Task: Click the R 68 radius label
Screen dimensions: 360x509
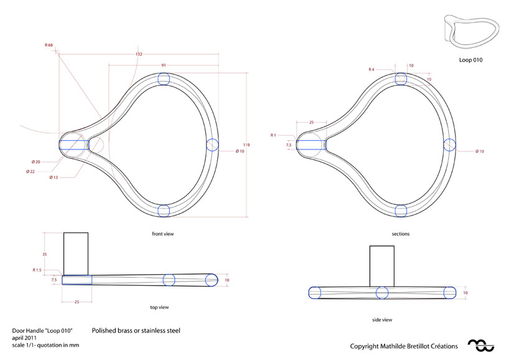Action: pos(49,45)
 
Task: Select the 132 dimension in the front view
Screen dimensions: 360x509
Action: pos(139,54)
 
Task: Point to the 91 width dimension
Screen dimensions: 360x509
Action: pos(163,65)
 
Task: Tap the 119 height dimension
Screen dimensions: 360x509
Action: pos(246,145)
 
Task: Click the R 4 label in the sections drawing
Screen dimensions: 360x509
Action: pos(371,69)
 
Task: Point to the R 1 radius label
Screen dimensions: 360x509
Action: pos(273,135)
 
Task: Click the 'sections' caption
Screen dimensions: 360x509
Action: pos(400,234)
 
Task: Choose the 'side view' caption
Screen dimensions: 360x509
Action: pos(382,320)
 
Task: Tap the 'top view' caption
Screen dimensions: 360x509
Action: pos(159,307)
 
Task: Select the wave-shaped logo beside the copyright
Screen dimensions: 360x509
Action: pos(480,344)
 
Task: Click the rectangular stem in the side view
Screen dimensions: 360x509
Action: pos(382,265)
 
